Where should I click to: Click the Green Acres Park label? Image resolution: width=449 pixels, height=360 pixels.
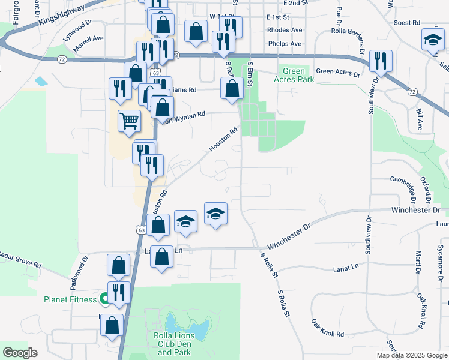click(294, 74)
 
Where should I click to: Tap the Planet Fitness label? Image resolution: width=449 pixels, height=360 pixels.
click(70, 299)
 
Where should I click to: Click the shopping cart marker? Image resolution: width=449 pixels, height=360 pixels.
click(130, 121)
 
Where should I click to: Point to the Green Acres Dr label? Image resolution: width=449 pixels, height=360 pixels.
click(337, 73)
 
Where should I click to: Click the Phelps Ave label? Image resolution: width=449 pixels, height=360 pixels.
click(285, 44)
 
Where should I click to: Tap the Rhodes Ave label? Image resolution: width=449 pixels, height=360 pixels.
click(285, 30)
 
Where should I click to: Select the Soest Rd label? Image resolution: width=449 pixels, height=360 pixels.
click(406, 23)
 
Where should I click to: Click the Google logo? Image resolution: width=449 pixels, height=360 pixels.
click(20, 352)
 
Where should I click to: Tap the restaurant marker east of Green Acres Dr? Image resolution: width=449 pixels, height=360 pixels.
click(381, 61)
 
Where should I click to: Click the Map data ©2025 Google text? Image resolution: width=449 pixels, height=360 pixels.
click(411, 355)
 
